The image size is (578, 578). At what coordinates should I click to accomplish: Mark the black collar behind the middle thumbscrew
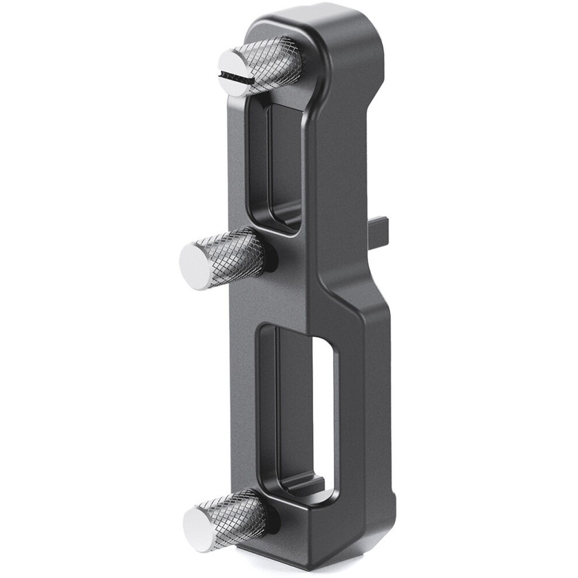(270, 256)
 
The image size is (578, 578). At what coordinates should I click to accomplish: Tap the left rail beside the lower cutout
(248, 413)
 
